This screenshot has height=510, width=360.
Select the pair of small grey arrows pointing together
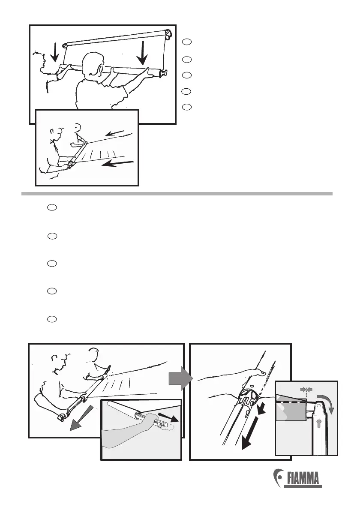pos(306,389)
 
